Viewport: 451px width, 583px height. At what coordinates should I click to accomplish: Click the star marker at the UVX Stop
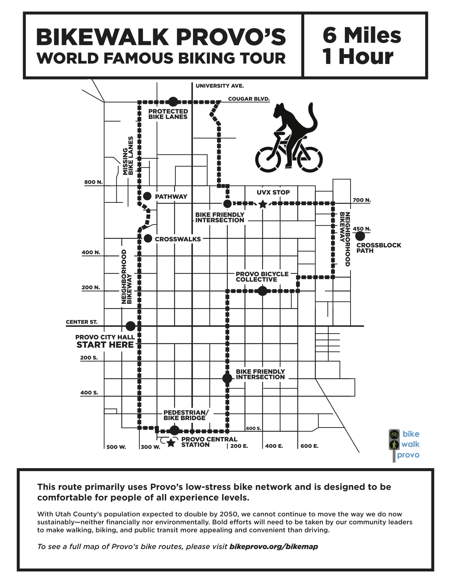coord(262,204)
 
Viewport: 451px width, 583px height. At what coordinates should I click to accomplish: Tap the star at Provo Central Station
coord(171,442)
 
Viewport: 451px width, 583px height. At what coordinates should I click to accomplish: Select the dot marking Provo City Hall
coord(131,326)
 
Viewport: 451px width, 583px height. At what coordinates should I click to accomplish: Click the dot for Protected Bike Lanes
coord(173,102)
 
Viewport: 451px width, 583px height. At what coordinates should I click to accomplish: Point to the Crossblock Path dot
coord(360,236)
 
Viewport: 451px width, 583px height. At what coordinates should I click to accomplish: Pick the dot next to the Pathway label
coord(148,196)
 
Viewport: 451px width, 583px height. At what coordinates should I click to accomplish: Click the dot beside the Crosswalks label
coord(148,238)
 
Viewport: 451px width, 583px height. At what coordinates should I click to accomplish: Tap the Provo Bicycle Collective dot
coord(262,291)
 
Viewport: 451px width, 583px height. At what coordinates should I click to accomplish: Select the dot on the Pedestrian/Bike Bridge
coord(175,430)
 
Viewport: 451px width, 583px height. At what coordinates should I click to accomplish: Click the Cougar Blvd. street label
coord(249,99)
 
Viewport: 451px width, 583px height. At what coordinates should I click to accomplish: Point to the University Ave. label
coord(220,86)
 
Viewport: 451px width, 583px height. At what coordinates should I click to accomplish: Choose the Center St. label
coord(82,322)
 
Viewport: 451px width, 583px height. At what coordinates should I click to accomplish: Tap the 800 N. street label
coord(93,182)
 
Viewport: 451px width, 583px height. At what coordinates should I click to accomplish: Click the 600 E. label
coord(310,446)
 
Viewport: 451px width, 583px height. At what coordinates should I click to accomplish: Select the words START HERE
coord(105,345)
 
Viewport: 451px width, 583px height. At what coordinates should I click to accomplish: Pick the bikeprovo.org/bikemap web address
coord(273,547)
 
